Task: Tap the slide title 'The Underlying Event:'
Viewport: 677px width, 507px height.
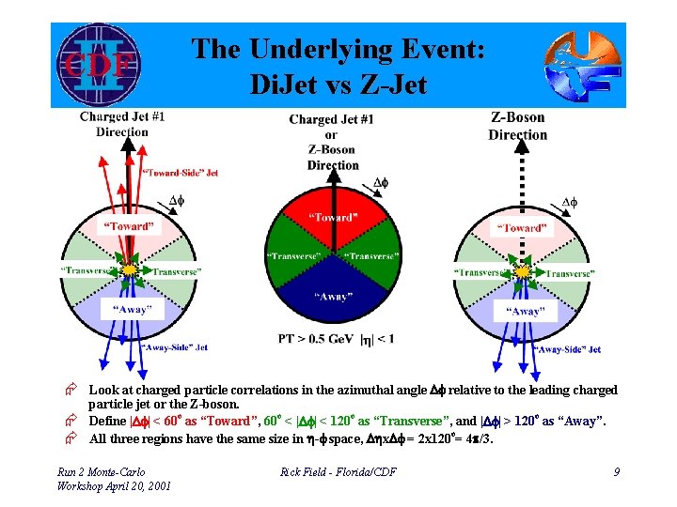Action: (x=338, y=49)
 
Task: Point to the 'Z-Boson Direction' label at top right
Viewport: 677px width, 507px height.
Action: (x=518, y=126)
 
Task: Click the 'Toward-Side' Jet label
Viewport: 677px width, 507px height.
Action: (x=181, y=173)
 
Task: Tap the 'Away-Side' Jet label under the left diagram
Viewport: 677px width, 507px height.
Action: (x=174, y=347)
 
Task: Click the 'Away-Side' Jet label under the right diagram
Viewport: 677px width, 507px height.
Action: (x=567, y=349)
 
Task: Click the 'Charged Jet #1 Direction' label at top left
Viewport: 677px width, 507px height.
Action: (x=122, y=124)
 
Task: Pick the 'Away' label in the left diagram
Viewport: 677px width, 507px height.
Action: (x=133, y=309)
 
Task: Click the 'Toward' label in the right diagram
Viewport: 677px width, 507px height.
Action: (x=524, y=228)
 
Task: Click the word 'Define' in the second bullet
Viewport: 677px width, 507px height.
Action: (x=107, y=422)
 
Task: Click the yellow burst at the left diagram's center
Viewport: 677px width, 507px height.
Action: (x=131, y=269)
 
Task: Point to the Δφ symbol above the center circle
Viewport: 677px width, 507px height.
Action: (x=381, y=182)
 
